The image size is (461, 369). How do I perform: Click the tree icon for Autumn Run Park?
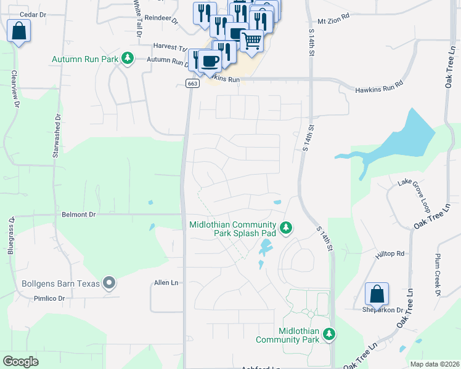click(x=128, y=58)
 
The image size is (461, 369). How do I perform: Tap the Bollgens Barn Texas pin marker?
click(x=110, y=284)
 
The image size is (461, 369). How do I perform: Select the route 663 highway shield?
click(x=192, y=84)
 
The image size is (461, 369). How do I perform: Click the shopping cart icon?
click(x=251, y=40)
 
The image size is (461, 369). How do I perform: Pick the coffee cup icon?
click(x=210, y=61)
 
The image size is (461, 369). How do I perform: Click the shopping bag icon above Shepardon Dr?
click(x=376, y=293)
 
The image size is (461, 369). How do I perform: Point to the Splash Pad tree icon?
click(x=285, y=228)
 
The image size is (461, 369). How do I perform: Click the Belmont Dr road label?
click(x=80, y=215)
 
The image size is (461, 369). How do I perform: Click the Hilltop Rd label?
click(x=391, y=253)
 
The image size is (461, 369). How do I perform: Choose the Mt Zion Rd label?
click(x=333, y=14)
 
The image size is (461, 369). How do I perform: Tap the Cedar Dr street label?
click(x=33, y=14)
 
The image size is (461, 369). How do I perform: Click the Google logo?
click(x=20, y=361)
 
